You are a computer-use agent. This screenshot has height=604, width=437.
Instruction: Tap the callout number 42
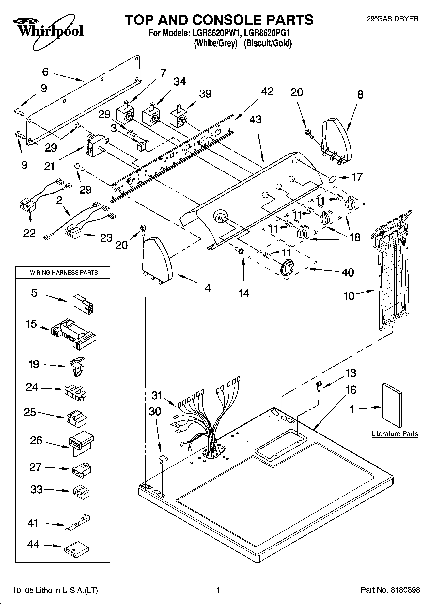click(267, 91)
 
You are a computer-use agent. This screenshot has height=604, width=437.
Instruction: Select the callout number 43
click(255, 120)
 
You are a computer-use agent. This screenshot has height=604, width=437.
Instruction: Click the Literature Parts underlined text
click(395, 434)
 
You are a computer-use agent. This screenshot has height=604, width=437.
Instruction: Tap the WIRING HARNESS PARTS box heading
click(64, 272)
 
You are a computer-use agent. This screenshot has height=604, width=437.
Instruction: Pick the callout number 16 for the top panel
click(350, 390)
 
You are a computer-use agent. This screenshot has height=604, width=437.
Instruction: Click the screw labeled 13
click(319, 386)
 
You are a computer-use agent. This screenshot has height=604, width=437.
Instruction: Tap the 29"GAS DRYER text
click(393, 19)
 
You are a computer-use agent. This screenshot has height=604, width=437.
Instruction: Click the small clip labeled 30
click(162, 459)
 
